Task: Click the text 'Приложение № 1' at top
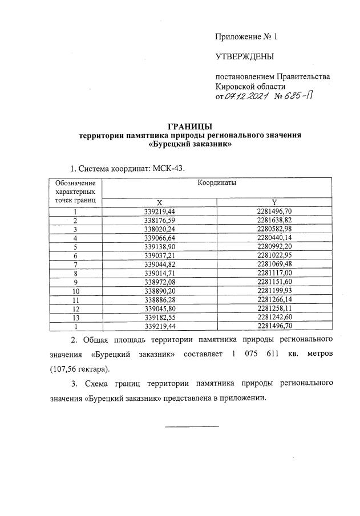tap(245, 37)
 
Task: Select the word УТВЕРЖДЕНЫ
tap(244, 56)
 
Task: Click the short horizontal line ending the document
tap(192, 426)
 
